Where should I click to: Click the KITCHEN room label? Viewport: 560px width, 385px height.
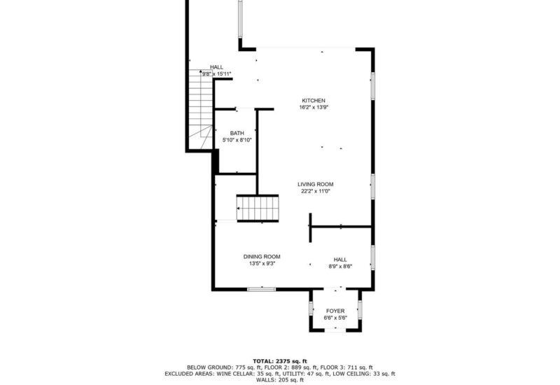pyautogui.click(x=314, y=101)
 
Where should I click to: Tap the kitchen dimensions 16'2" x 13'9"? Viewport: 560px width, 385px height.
pyautogui.click(x=314, y=107)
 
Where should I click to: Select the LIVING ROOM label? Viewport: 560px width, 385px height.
pyautogui.click(x=316, y=184)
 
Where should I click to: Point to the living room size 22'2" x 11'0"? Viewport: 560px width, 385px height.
pyautogui.click(x=316, y=191)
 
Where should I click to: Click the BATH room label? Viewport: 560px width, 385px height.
pyautogui.click(x=237, y=133)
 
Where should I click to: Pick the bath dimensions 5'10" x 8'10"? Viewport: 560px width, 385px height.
pyautogui.click(x=237, y=140)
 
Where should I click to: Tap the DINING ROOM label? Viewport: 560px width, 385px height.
pyautogui.click(x=262, y=256)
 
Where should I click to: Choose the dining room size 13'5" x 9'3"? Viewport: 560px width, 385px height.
pyautogui.click(x=262, y=264)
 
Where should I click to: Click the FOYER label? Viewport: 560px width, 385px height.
pyautogui.click(x=335, y=311)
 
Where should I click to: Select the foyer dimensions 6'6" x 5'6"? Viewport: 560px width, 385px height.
pyautogui.click(x=335, y=318)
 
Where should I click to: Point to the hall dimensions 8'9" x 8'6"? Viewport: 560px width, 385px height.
pyautogui.click(x=340, y=266)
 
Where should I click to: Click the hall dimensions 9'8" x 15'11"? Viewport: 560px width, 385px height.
pyautogui.click(x=217, y=74)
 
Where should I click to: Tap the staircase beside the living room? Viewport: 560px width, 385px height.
pyautogui.click(x=258, y=209)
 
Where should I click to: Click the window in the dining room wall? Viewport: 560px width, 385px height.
pyautogui.click(x=262, y=289)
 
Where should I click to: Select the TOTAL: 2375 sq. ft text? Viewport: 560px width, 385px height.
pyautogui.click(x=280, y=361)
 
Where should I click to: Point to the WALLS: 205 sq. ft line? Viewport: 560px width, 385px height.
pyautogui.click(x=280, y=380)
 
